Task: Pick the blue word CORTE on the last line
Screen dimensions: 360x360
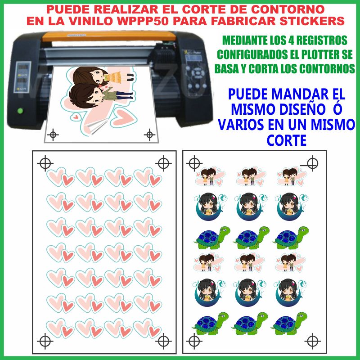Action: [287, 140]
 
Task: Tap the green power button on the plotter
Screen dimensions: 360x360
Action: [20, 111]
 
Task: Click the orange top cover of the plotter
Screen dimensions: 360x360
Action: [109, 36]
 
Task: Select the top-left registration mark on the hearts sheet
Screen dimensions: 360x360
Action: [45, 163]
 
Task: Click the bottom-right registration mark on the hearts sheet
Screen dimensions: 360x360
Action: [163, 341]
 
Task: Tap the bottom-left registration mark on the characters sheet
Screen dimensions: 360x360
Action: [194, 341]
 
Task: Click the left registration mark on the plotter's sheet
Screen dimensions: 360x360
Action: [53, 135]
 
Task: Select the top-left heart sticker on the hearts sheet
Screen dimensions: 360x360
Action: [61, 177]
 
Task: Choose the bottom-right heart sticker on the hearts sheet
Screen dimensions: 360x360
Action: [147, 328]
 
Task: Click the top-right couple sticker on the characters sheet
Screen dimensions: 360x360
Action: [292, 176]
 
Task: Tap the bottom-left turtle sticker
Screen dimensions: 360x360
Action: [211, 324]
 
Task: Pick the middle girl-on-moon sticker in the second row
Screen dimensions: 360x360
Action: [251, 207]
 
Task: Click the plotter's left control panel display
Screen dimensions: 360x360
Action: [22, 77]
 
